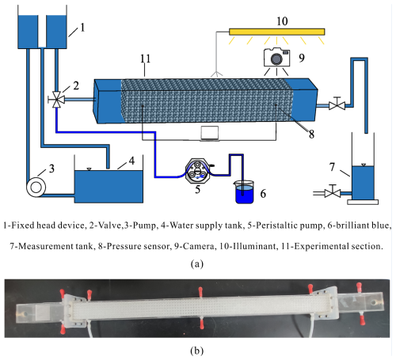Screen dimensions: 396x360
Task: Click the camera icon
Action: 277,57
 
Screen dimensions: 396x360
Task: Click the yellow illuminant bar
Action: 277,32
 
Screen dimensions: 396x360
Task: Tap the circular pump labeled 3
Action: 36,188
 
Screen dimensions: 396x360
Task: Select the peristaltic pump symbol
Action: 197,171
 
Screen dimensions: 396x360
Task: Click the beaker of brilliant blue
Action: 244,191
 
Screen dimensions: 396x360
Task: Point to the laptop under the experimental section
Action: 210,134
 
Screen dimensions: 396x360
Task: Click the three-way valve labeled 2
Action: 56,100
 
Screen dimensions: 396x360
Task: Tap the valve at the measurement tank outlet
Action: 333,193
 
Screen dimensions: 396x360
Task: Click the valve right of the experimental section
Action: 337,105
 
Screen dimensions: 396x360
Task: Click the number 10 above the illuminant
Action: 282,21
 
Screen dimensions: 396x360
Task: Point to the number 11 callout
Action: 145,59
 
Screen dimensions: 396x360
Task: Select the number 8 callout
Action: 311,135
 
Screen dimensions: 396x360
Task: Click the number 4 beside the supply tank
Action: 131,161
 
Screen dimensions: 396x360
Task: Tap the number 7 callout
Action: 332,167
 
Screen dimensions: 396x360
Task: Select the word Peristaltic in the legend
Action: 276,225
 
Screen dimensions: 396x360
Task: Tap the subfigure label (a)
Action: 197,263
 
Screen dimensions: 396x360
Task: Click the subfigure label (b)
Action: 197,351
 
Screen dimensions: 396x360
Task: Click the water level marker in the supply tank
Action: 89,169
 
